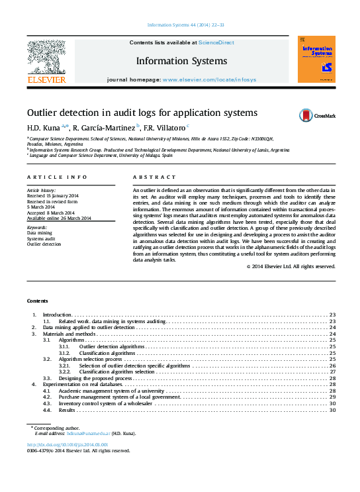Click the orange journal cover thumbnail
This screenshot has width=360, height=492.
click(x=316, y=60)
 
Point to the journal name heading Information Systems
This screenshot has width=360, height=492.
click(x=181, y=61)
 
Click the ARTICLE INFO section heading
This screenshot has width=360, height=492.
click(x=57, y=177)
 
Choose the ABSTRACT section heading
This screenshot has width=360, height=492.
click(x=154, y=177)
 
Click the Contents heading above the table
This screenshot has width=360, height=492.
click(x=38, y=300)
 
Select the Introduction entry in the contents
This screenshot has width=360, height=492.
click(x=57, y=314)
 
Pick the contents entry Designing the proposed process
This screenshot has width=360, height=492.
click(x=96, y=377)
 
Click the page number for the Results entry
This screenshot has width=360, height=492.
click(x=332, y=410)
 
